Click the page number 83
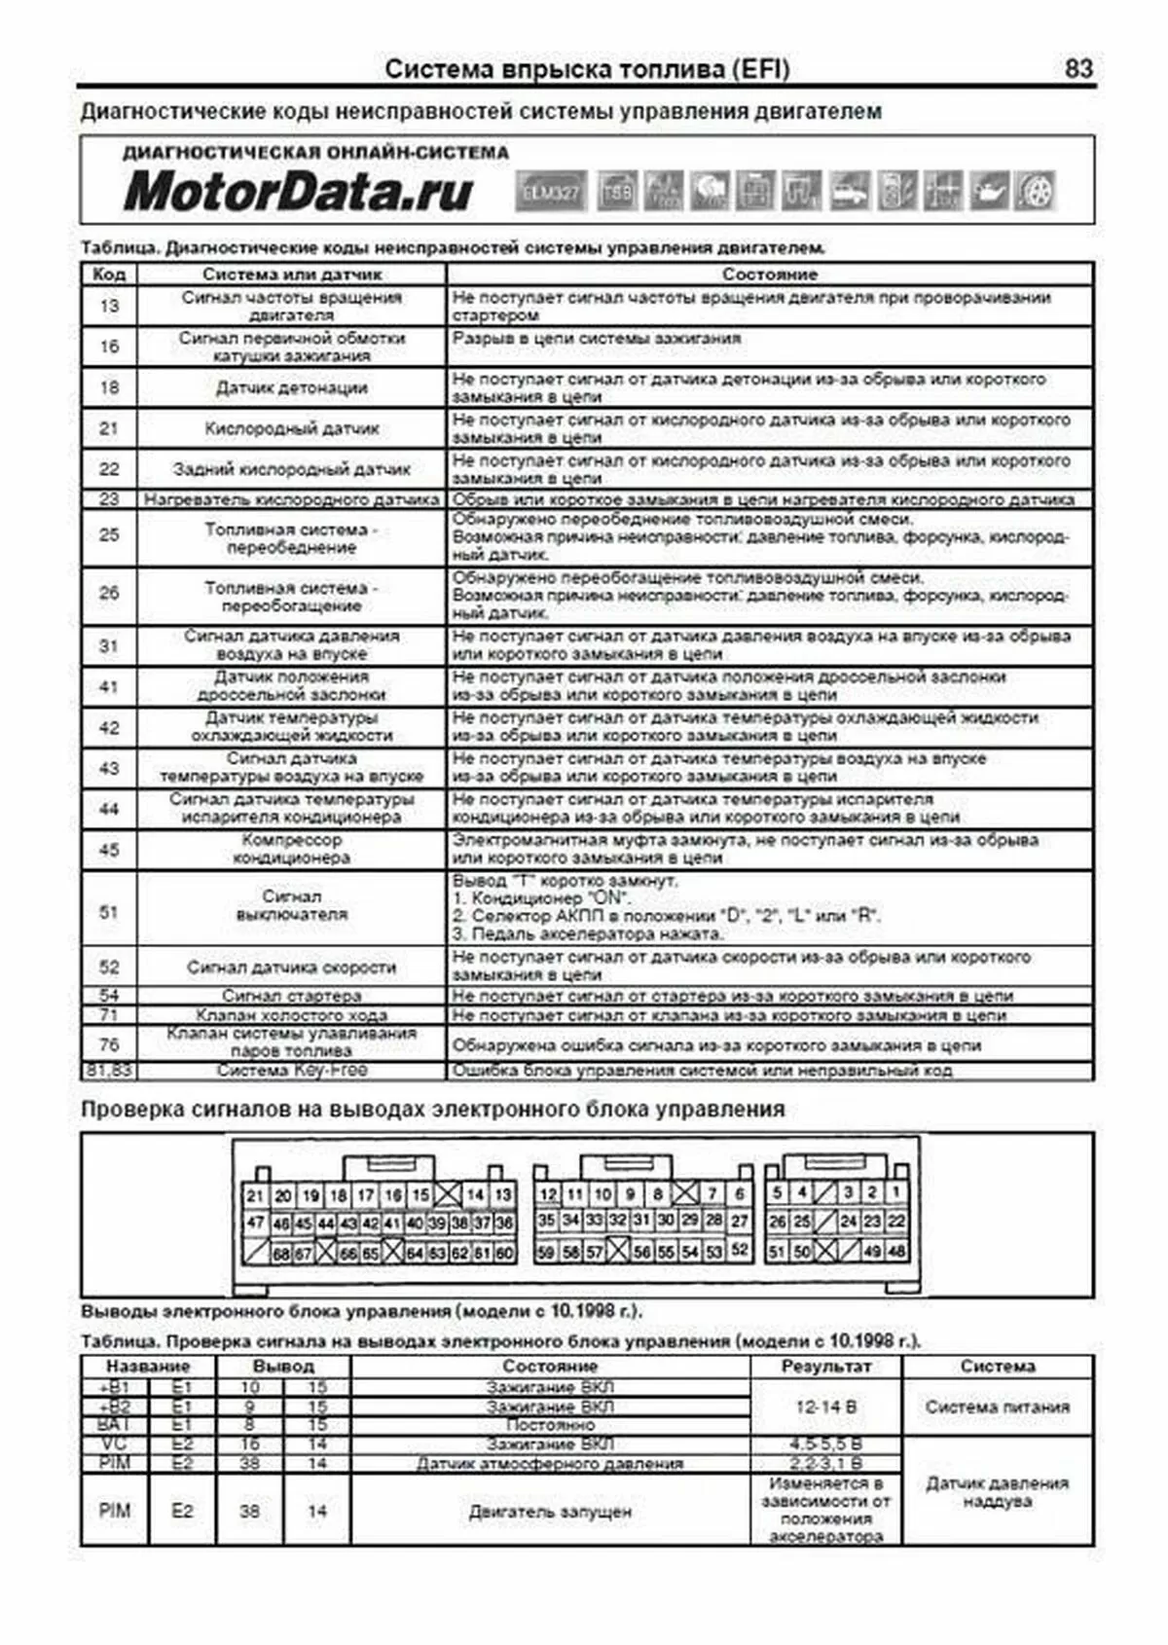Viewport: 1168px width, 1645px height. [x=1078, y=69]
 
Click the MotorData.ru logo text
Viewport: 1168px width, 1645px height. [x=298, y=192]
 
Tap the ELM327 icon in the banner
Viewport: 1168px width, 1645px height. [x=551, y=192]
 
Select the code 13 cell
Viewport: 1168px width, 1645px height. [x=109, y=307]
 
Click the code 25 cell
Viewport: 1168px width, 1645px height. [x=109, y=535]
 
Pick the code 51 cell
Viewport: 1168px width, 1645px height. [x=109, y=912]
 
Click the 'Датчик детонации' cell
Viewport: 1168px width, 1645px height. [x=291, y=387]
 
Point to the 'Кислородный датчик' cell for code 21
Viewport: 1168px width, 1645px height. [x=291, y=428]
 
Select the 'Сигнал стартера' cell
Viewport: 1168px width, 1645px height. [x=291, y=996]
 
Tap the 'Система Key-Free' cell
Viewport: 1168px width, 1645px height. [x=291, y=1070]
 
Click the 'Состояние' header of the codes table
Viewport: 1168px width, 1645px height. [x=769, y=274]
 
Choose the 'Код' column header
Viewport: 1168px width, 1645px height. [x=109, y=274]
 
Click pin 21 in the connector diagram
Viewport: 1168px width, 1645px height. [x=255, y=1195]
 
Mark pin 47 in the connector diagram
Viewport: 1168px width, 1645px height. [x=255, y=1223]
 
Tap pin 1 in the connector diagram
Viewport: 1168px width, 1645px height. [x=895, y=1192]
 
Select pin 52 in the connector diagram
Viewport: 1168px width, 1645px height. [x=740, y=1250]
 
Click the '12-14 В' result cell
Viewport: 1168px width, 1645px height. [x=825, y=1407]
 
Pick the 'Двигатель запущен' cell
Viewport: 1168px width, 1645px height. [x=550, y=1512]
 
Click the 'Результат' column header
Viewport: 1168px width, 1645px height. [x=825, y=1367]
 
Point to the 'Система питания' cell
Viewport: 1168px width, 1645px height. [x=997, y=1407]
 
